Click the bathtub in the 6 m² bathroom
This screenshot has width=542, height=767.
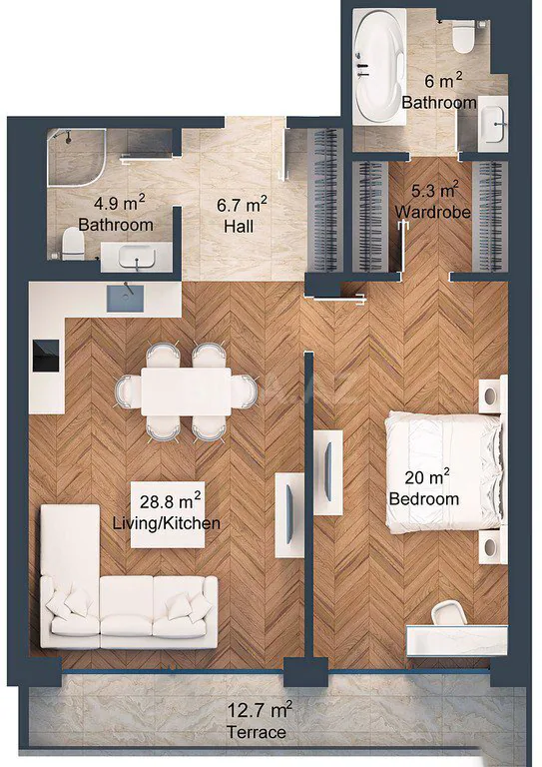(x=379, y=66)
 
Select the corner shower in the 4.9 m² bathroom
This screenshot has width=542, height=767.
(x=76, y=157)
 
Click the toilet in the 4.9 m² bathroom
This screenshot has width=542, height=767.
(x=73, y=245)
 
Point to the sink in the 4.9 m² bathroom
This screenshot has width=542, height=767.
(x=137, y=258)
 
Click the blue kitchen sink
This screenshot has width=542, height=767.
(x=125, y=299)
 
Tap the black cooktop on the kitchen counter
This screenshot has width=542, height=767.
(x=47, y=356)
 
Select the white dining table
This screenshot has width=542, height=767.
(x=187, y=391)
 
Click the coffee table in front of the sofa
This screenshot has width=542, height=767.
(x=168, y=514)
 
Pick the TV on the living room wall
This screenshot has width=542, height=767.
(x=289, y=514)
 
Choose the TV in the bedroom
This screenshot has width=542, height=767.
(x=327, y=471)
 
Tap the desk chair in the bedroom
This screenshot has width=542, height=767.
(x=448, y=613)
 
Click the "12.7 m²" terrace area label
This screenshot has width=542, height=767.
(x=260, y=709)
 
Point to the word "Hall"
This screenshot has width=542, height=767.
(x=239, y=227)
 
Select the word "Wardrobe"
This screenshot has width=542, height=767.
(x=433, y=212)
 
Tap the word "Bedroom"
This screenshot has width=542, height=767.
(x=424, y=499)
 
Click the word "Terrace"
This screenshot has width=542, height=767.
(x=257, y=732)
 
